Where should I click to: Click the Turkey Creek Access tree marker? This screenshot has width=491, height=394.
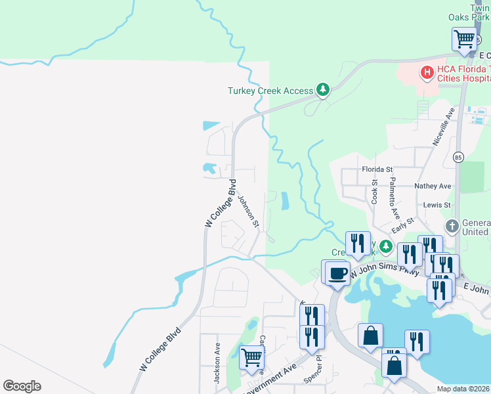(322, 90)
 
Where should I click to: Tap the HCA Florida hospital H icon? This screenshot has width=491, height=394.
(427, 72)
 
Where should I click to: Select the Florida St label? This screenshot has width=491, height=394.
(377, 169)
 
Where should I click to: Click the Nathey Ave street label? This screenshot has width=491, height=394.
(433, 186)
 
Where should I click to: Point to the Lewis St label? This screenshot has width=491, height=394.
(437, 205)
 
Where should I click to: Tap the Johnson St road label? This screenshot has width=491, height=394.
(249, 211)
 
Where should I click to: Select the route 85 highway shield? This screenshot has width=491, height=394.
(458, 157)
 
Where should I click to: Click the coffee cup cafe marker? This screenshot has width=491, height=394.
(337, 273)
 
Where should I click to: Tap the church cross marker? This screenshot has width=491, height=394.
(452, 227)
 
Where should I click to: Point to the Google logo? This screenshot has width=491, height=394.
(22, 386)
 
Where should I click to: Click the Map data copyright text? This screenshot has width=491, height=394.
(463, 389)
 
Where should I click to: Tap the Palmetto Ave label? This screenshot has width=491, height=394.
(394, 197)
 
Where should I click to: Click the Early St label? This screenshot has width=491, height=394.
(402, 227)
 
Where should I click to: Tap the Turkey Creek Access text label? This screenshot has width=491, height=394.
(270, 91)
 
